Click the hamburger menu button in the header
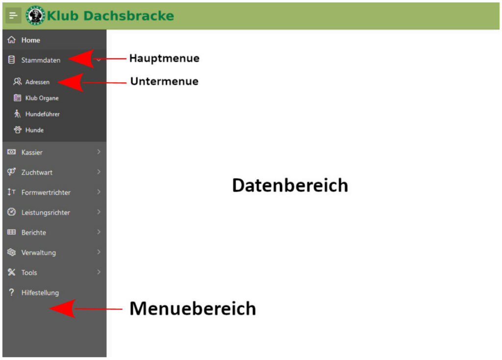tap(13, 15)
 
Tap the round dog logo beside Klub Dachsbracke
tap(35, 15)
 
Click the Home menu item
tap(31, 40)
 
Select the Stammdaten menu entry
tap(41, 60)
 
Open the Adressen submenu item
tap(37, 82)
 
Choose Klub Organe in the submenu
tap(42, 98)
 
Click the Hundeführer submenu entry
tap(43, 114)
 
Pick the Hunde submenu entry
tap(35, 130)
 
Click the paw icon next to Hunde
tap(18, 129)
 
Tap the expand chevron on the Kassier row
tap(99, 152)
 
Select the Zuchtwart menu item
tap(37, 172)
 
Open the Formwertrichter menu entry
tap(46, 192)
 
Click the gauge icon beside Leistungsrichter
tap(12, 212)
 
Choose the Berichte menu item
tap(34, 232)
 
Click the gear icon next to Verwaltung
tap(12, 252)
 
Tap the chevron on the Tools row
tap(99, 272)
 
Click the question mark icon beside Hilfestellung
tap(12, 292)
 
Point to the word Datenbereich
tap(290, 185)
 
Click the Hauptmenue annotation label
tap(164, 58)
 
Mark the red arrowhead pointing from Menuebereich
tap(62, 309)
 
